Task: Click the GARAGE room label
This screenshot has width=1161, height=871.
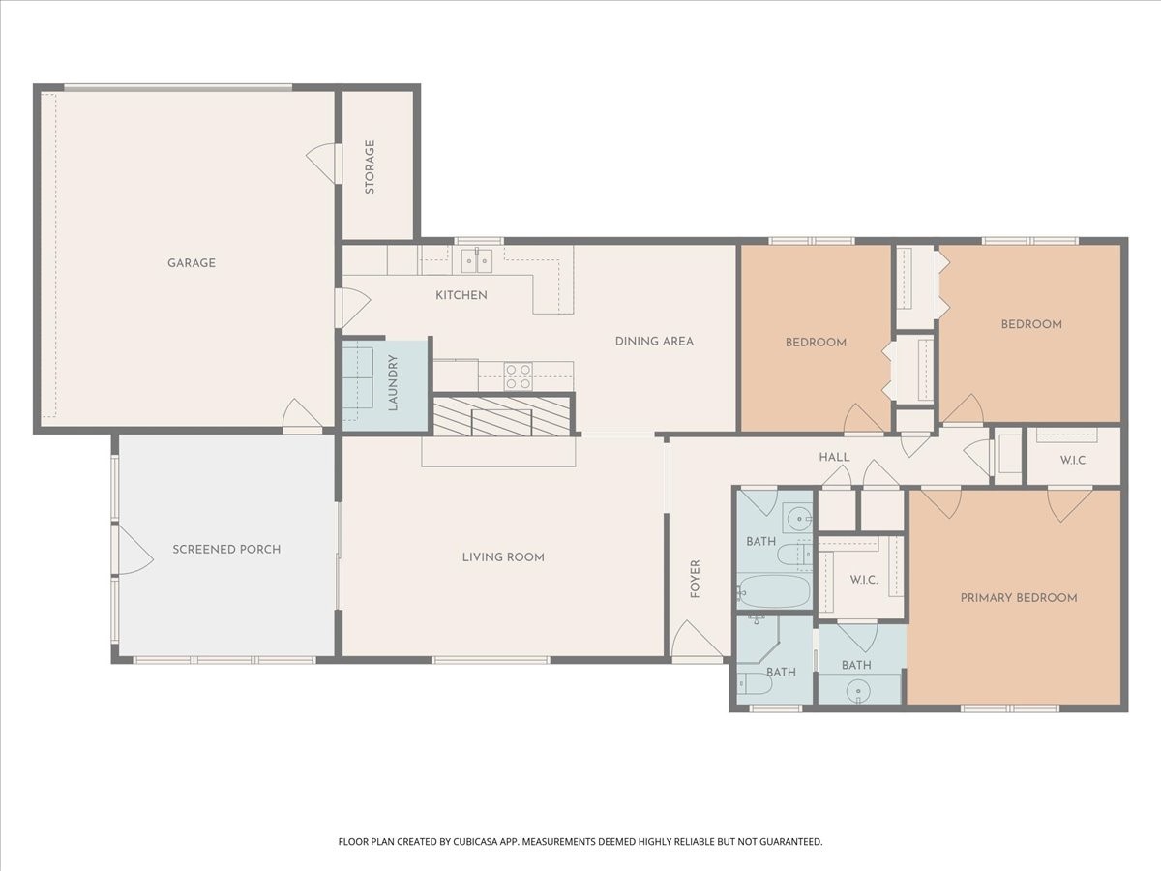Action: pyautogui.click(x=192, y=263)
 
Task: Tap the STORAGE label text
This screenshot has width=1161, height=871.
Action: pyautogui.click(x=370, y=166)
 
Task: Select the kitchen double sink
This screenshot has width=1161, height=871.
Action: pyautogui.click(x=477, y=260)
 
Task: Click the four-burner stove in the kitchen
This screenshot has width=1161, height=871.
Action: pyautogui.click(x=518, y=376)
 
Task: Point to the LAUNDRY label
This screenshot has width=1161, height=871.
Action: pyautogui.click(x=393, y=383)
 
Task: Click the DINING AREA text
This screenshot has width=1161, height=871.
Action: pyautogui.click(x=654, y=342)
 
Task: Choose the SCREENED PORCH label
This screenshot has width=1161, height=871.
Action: pyautogui.click(x=226, y=550)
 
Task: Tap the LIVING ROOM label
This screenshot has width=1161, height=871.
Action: pyautogui.click(x=503, y=557)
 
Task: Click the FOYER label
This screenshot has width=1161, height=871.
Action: pyautogui.click(x=695, y=579)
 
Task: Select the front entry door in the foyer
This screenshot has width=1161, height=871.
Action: pyautogui.click(x=697, y=642)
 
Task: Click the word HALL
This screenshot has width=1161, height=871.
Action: pyautogui.click(x=835, y=458)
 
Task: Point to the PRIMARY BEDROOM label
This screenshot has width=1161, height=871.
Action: pyautogui.click(x=1019, y=598)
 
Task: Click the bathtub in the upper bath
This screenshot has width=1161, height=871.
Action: pyautogui.click(x=774, y=591)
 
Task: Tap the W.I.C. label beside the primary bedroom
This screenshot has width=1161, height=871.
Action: pyautogui.click(x=864, y=580)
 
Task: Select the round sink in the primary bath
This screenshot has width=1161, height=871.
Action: pyautogui.click(x=858, y=692)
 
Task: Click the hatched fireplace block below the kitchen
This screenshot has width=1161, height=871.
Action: pyautogui.click(x=502, y=415)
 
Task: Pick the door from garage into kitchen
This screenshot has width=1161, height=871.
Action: pyautogui.click(x=352, y=307)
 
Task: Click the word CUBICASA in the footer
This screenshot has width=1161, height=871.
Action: pyautogui.click(x=475, y=841)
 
